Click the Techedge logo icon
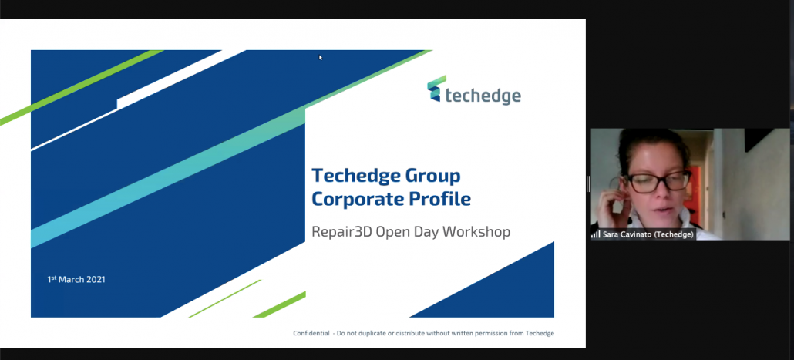[436, 89]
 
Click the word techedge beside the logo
[483, 95]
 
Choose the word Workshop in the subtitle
[476, 232]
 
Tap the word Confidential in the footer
[311, 333]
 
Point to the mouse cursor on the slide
[321, 58]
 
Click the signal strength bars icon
[596, 234]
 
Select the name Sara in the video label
[610, 235]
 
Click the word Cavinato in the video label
[634, 235]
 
